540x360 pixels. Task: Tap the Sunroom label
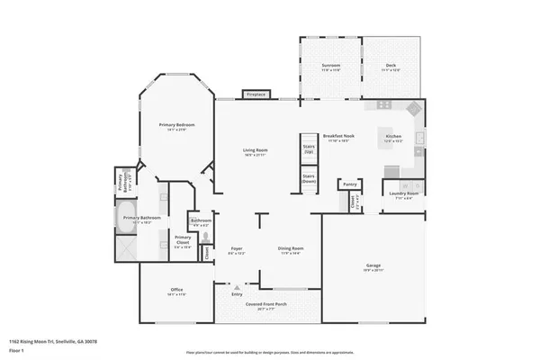(330, 67)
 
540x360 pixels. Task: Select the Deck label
(391, 67)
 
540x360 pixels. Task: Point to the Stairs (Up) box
(308, 149)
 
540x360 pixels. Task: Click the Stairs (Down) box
(308, 178)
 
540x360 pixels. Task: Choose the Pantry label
(349, 184)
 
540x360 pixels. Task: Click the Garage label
(373, 266)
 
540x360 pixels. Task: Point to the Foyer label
(237, 248)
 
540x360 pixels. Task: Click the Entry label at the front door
(237, 293)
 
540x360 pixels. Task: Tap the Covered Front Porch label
(266, 304)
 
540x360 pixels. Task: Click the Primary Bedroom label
(177, 125)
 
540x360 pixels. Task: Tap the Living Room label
(256, 150)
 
